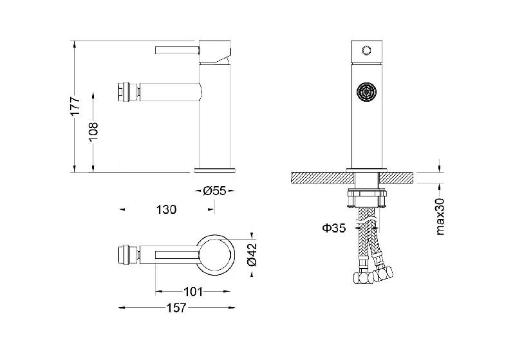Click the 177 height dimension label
point(75,106)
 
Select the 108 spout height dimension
point(93,132)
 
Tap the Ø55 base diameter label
point(214,191)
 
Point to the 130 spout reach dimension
point(166,209)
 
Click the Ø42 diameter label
point(252,255)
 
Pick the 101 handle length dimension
point(193,292)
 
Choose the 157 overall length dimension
point(176,308)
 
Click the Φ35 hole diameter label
point(334,227)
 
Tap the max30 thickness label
point(440,216)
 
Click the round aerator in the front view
point(366,91)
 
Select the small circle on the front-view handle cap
point(366,51)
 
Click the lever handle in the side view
point(178,50)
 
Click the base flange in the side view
point(214,170)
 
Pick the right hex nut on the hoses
point(384,273)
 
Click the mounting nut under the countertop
point(366,198)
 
